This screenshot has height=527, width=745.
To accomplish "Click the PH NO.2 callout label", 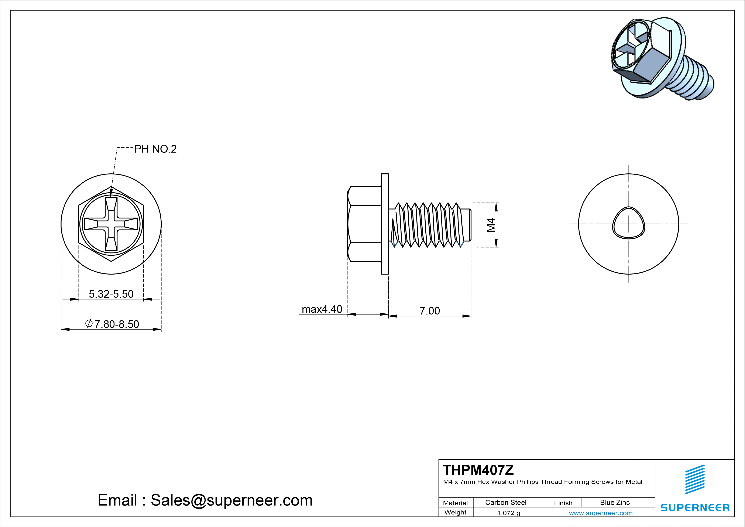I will pos(155,149).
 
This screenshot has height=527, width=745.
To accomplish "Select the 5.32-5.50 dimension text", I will pos(111,294).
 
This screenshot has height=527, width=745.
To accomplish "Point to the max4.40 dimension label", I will pos(322,309).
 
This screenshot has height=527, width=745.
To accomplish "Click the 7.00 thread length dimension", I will pos(430,311).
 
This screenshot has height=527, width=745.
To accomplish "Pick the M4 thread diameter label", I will pos(491,225).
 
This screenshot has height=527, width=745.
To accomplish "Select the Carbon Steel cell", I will pos(505,502).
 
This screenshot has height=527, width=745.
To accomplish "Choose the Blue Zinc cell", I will pos(615,502).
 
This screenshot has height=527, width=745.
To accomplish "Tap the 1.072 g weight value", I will pos(508,513).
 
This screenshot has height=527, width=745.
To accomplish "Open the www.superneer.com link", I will pos(600,513).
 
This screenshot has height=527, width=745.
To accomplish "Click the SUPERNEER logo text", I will pos(695,507).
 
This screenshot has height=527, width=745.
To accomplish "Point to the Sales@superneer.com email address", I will pos(231,500).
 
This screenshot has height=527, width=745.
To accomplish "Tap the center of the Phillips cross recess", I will pos(111,224).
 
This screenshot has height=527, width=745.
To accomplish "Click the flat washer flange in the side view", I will pos(385,224).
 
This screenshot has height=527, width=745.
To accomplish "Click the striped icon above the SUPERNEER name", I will pos(695,483).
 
